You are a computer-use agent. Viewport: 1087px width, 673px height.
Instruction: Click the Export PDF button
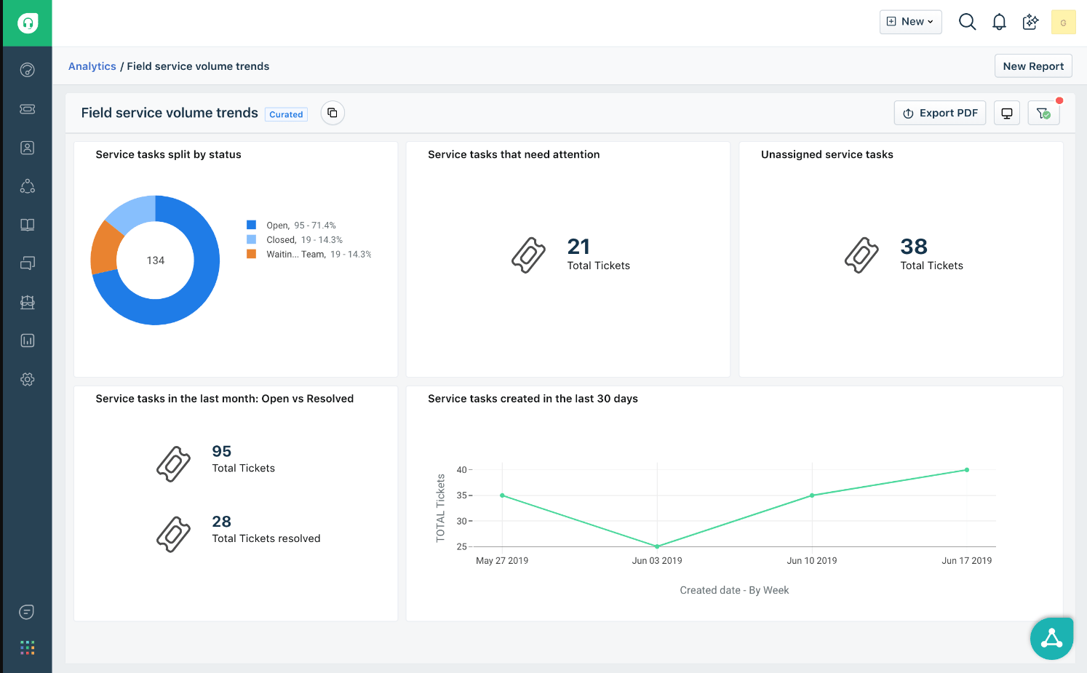click(x=940, y=113)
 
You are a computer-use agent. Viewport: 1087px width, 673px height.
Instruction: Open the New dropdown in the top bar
click(x=910, y=22)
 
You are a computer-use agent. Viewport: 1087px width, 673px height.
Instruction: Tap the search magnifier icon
click(x=967, y=22)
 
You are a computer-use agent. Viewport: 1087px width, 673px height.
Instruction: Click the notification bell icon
click(x=999, y=22)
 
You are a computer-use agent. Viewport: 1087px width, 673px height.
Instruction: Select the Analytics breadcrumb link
click(x=92, y=66)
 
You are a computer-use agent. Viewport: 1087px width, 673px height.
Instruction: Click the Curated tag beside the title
click(x=286, y=114)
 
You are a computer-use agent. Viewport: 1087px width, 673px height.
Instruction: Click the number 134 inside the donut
click(x=155, y=260)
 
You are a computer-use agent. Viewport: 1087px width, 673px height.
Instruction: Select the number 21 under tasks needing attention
click(x=578, y=247)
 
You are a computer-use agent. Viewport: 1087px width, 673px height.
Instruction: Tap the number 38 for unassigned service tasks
click(x=913, y=247)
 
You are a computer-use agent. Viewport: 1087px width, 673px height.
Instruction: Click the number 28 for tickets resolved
click(x=221, y=522)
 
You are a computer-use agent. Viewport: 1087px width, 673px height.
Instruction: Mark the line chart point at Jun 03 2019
click(x=657, y=546)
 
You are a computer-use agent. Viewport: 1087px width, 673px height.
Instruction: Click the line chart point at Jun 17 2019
click(x=966, y=470)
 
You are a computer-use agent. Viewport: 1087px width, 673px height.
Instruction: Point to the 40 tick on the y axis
click(x=461, y=470)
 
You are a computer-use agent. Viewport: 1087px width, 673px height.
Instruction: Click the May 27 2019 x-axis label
click(x=502, y=561)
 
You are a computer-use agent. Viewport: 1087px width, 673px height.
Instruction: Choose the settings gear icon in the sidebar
click(x=28, y=379)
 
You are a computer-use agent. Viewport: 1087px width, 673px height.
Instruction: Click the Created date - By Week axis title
click(x=734, y=590)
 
